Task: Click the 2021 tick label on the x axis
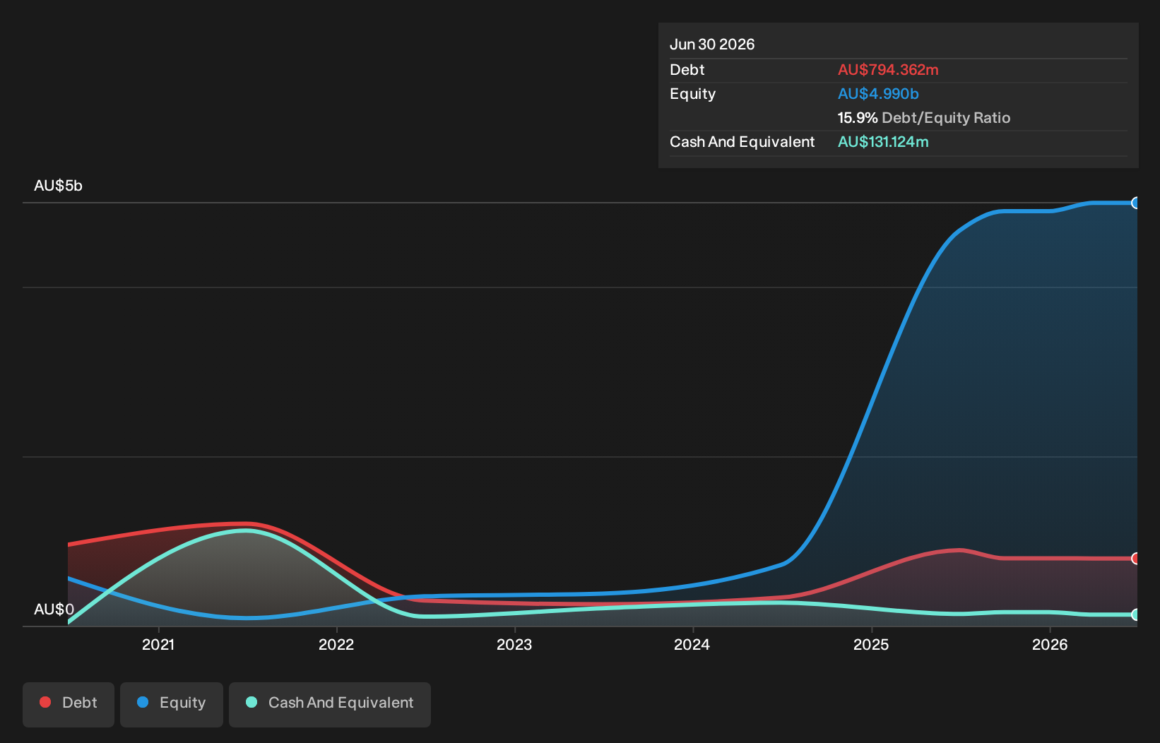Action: pyautogui.click(x=158, y=644)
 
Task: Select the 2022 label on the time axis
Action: pyautogui.click(x=336, y=644)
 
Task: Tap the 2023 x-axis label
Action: pyautogui.click(x=514, y=644)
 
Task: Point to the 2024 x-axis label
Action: pyautogui.click(x=692, y=644)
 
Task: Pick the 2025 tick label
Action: pyautogui.click(x=871, y=644)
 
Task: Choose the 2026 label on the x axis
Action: pyautogui.click(x=1050, y=644)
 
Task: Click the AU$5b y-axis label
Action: pyautogui.click(x=58, y=185)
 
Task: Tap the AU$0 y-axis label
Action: pyautogui.click(x=54, y=609)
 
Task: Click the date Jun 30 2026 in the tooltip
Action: pyautogui.click(x=712, y=44)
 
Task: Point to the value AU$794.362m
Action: pyautogui.click(x=888, y=70)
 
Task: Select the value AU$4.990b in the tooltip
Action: pyautogui.click(x=878, y=94)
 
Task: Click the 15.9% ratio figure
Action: pyautogui.click(x=858, y=118)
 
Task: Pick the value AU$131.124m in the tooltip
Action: pyautogui.click(x=883, y=142)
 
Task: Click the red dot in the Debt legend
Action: pyautogui.click(x=46, y=702)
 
